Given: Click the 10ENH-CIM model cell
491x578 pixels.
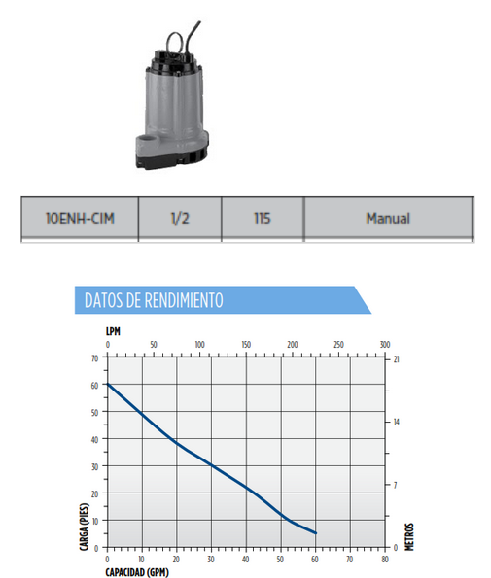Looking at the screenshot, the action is pyautogui.click(x=80, y=219).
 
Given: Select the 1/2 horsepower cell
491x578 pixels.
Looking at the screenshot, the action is pyautogui.click(x=180, y=219).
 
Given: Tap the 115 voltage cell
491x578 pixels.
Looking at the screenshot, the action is pyautogui.click(x=263, y=219).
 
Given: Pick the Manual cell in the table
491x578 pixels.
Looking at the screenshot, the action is pyautogui.click(x=388, y=219).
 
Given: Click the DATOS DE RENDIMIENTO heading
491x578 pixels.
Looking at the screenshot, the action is pyautogui.click(x=154, y=300).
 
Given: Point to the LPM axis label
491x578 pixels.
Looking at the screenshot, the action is pyautogui.click(x=113, y=331).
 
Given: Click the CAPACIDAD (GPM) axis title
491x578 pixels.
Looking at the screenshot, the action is pyautogui.click(x=137, y=572).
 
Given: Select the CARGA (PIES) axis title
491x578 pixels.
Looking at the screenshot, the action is pyautogui.click(x=85, y=527).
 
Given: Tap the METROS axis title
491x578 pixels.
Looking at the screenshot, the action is pyautogui.click(x=409, y=536).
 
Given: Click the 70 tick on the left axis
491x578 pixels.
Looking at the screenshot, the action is pyautogui.click(x=95, y=358).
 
